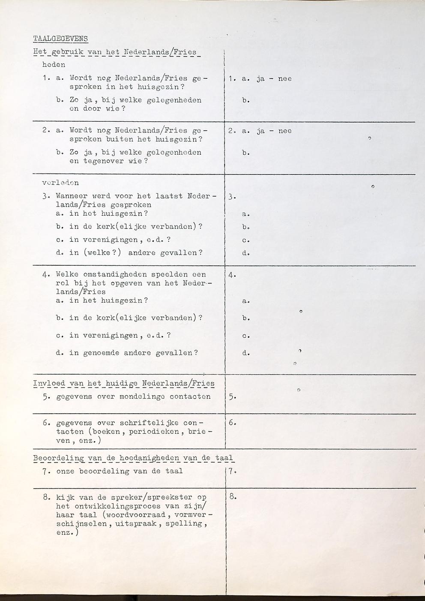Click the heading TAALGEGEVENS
click(x=60, y=39)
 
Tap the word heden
click(x=54, y=65)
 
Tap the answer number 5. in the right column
click(x=232, y=397)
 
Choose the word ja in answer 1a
click(x=260, y=79)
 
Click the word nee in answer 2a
click(x=285, y=131)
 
